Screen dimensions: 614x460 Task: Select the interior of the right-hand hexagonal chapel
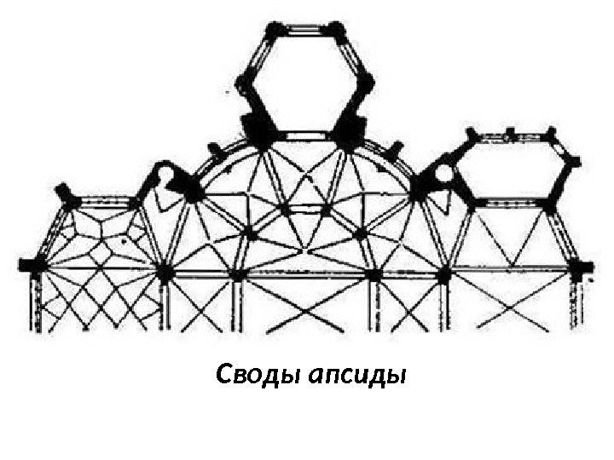click(x=510, y=171)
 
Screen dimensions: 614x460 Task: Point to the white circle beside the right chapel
click(x=444, y=175)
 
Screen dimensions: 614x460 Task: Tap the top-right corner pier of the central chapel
click(x=338, y=32)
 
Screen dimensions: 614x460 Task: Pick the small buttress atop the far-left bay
click(x=63, y=191)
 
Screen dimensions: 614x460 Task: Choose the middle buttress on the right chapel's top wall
click(x=510, y=132)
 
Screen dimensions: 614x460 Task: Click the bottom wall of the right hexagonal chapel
click(x=510, y=204)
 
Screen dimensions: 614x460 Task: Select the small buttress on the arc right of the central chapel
click(x=394, y=151)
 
